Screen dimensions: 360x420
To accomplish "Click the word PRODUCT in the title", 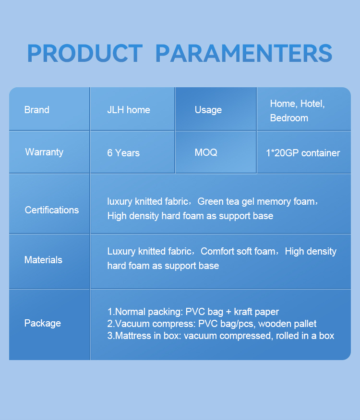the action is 85,53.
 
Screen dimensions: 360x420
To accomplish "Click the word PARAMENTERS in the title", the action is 244,53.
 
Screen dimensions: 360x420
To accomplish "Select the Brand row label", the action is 37,110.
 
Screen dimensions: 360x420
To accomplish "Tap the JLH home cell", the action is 129,110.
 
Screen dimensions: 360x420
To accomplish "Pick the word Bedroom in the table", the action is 289,118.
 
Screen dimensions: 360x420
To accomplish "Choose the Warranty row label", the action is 44,152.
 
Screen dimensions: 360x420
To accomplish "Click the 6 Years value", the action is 123,153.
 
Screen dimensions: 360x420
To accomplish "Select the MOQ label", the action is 206,152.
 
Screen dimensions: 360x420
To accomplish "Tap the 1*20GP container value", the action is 303,153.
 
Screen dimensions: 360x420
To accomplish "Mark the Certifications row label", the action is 52,210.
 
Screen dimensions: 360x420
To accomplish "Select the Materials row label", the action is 43,260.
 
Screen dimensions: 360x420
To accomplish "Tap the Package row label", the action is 43,323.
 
